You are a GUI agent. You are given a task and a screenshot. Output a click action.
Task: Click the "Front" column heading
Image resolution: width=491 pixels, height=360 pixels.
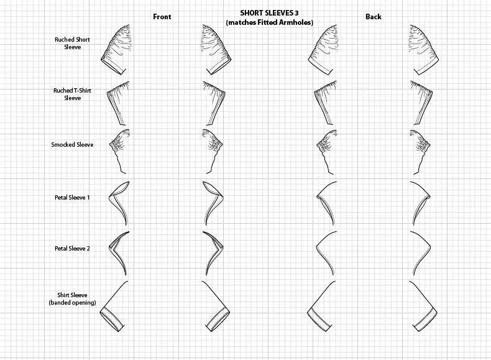[162, 17]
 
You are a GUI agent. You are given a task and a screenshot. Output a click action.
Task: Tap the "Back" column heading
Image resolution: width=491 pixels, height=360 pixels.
[374, 17]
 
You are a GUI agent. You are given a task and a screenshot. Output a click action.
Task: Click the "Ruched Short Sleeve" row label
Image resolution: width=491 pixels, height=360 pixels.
[72, 43]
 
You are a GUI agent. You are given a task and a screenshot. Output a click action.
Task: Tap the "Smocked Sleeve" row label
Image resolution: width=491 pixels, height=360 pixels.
[72, 145]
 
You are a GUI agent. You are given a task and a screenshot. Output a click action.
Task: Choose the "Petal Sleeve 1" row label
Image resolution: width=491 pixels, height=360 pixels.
[72, 197]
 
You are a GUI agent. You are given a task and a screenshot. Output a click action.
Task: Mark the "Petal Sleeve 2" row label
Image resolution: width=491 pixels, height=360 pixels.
[72, 248]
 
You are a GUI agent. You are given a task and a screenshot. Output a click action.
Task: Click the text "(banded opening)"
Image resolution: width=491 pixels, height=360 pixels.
[72, 303]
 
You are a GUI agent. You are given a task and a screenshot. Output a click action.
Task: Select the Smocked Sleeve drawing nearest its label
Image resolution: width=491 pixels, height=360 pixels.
[120, 146]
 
